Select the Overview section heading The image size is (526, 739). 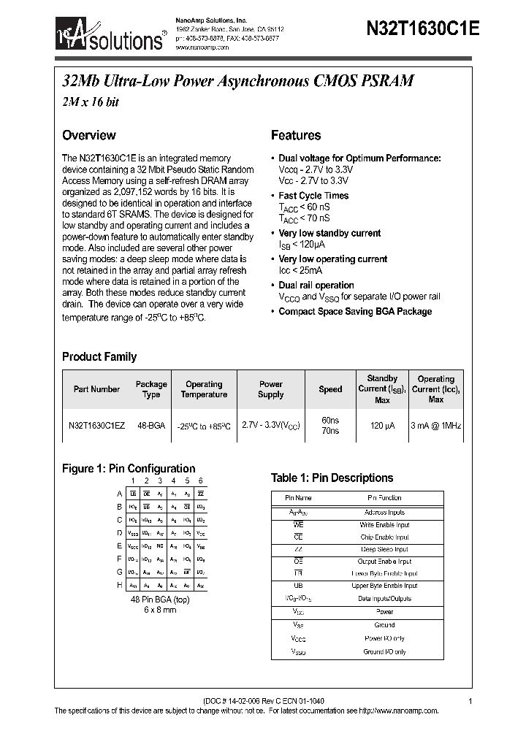(88, 135)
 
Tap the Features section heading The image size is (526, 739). (296, 135)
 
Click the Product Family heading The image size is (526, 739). (99, 357)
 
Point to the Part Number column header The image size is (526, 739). (96, 389)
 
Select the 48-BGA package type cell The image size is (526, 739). (151, 425)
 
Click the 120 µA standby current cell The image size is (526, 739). (382, 425)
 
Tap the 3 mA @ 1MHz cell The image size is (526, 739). (435, 425)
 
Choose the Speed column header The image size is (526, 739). (330, 389)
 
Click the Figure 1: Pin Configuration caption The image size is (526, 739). (129, 469)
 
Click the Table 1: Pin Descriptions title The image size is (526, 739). (332, 478)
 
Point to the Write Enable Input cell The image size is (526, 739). (384, 525)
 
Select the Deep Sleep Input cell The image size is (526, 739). (384, 549)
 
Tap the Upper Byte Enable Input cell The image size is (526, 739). (384, 586)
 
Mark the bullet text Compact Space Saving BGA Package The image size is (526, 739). (355, 312)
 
